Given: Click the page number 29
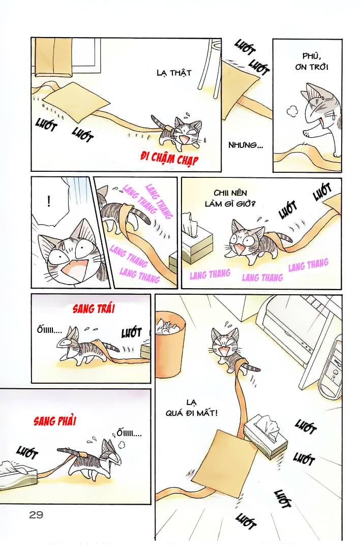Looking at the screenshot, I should (x=36, y=515).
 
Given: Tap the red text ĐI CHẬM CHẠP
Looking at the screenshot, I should (x=169, y=158).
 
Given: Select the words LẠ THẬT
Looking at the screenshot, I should (x=174, y=73).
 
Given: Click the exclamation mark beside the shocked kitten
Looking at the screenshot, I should (x=48, y=202).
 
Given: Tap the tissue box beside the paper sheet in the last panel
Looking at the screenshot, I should (x=265, y=435).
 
